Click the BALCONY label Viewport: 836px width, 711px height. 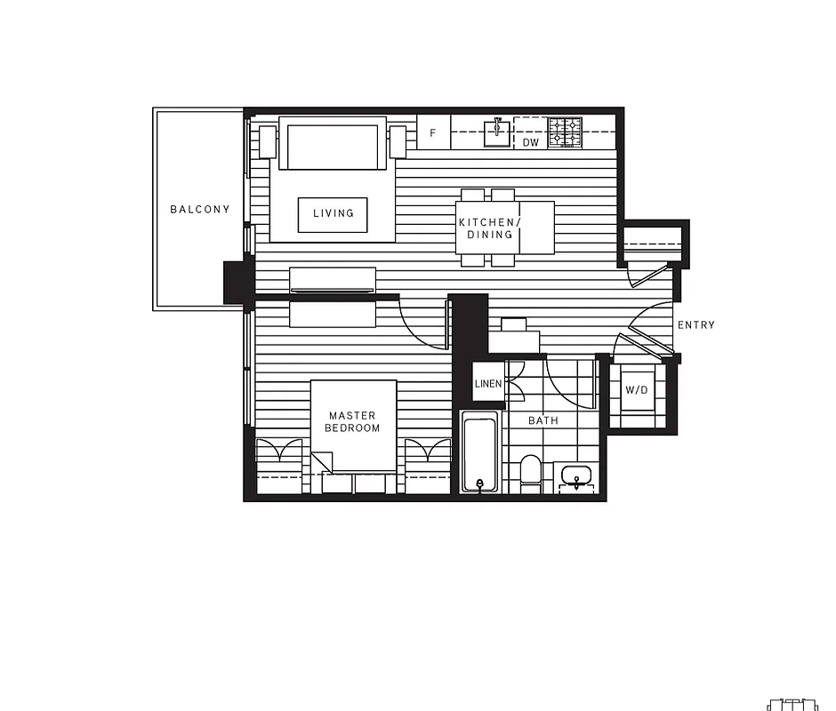(x=199, y=210)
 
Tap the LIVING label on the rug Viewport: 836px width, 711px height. (x=333, y=213)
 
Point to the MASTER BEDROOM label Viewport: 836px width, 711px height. (x=352, y=421)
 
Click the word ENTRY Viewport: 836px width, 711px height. (x=695, y=325)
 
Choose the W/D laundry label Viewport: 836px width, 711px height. (x=636, y=390)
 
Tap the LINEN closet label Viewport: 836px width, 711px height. (x=488, y=384)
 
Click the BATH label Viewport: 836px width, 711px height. (x=543, y=420)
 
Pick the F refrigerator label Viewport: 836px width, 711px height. (x=433, y=133)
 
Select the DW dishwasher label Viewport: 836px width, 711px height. (x=530, y=142)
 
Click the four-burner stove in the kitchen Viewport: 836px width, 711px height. (x=564, y=132)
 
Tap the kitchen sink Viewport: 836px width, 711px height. (x=497, y=132)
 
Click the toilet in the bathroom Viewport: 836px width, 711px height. (x=530, y=473)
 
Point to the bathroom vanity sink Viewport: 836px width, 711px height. (x=577, y=476)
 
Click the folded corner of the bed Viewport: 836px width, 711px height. (x=321, y=461)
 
